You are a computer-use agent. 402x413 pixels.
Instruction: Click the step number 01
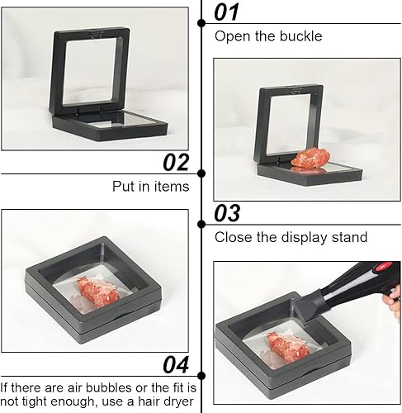(x=226, y=12)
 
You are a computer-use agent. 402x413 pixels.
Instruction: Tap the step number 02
(x=176, y=163)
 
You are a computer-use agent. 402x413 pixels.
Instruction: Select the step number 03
(x=227, y=213)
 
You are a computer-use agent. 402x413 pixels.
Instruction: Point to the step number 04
(x=176, y=364)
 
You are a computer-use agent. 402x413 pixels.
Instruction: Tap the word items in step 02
(x=172, y=187)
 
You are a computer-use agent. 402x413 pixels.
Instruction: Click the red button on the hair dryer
(x=384, y=267)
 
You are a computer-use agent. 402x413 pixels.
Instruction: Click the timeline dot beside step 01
(x=201, y=23)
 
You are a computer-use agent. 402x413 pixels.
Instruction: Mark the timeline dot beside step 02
(x=201, y=173)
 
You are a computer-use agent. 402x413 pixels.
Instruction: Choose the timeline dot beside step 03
(x=201, y=225)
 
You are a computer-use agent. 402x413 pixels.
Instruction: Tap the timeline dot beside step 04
(x=201, y=376)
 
